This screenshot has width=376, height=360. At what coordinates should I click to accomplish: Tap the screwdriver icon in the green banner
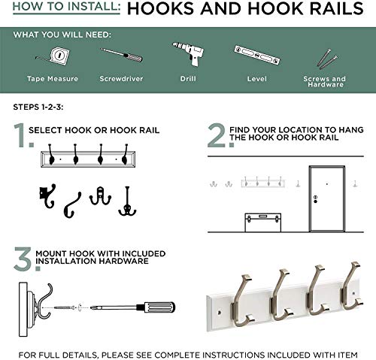(x=121, y=57)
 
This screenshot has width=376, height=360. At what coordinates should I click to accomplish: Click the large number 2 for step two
(x=217, y=136)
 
